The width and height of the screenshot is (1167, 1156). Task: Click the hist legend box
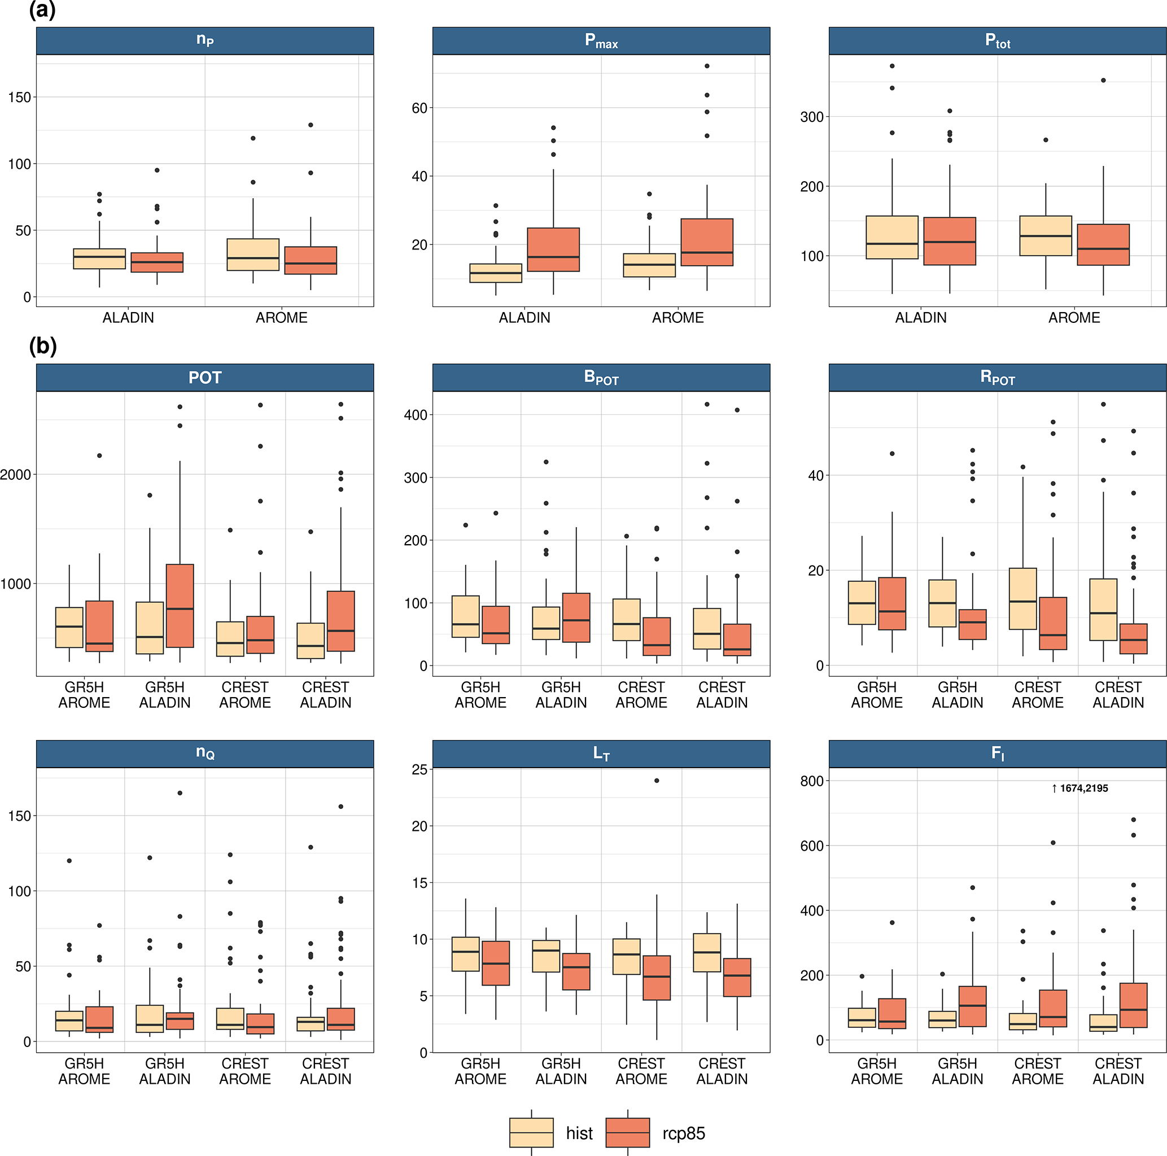tap(531, 1132)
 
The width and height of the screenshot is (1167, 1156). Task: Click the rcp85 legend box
tap(628, 1132)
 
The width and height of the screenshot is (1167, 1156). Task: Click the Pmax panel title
tap(601, 41)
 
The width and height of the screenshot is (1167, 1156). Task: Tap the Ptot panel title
tap(997, 41)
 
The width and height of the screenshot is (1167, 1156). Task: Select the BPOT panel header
tap(601, 378)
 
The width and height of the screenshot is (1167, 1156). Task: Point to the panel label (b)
tap(42, 346)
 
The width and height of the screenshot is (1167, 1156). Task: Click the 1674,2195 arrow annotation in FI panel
tap(1079, 788)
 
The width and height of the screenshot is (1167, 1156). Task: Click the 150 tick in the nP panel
tap(19, 97)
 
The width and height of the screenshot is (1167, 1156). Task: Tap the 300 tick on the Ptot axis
tap(812, 117)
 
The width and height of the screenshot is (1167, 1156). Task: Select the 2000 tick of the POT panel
tap(16, 475)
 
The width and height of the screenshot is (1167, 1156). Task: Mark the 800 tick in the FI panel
tap(812, 781)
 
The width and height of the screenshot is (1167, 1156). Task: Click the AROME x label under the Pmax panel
tap(678, 318)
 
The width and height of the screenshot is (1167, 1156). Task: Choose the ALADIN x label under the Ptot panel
tap(920, 318)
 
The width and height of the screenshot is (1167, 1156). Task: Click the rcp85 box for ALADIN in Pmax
tap(553, 249)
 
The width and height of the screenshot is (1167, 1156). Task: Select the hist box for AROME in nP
tap(253, 254)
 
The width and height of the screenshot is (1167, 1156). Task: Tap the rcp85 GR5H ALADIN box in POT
tap(180, 606)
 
